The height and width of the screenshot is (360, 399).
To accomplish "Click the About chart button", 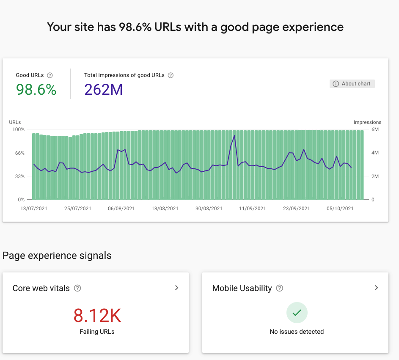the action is pyautogui.click(x=352, y=84).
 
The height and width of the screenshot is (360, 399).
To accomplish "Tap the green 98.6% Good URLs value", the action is pyautogui.click(x=36, y=90).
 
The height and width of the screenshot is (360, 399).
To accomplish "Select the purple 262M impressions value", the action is pyautogui.click(x=104, y=90).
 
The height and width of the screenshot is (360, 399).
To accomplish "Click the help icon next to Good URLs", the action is pyautogui.click(x=50, y=75).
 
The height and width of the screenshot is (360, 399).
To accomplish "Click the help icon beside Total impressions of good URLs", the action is pyautogui.click(x=171, y=75).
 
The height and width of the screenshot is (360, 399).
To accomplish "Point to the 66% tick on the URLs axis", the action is pyautogui.click(x=20, y=153).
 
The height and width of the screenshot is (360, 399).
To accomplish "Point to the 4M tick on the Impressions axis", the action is pyautogui.click(x=375, y=153).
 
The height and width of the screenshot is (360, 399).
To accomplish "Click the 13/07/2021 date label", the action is pyautogui.click(x=33, y=209).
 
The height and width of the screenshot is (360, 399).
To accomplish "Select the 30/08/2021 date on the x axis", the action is pyautogui.click(x=209, y=209).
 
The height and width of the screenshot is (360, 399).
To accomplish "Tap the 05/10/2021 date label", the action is pyautogui.click(x=340, y=209).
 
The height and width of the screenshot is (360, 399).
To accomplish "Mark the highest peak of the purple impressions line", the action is pyautogui.click(x=234, y=136).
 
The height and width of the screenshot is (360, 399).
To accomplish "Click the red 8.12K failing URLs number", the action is pyautogui.click(x=97, y=316).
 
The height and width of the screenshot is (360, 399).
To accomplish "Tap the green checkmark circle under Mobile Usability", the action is pyautogui.click(x=297, y=313).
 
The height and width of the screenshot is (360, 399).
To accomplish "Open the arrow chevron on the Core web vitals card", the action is pyautogui.click(x=176, y=288).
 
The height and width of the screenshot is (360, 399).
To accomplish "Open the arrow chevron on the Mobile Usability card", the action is pyautogui.click(x=376, y=288).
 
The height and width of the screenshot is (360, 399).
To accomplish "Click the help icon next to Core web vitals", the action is pyautogui.click(x=77, y=288).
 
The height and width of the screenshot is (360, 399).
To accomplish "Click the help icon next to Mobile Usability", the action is pyautogui.click(x=280, y=288).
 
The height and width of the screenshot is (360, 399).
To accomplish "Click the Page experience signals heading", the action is pyautogui.click(x=57, y=256).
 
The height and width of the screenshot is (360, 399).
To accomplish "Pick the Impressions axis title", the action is pyautogui.click(x=367, y=122).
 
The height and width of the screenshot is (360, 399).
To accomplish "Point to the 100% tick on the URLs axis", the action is pyautogui.click(x=19, y=129).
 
